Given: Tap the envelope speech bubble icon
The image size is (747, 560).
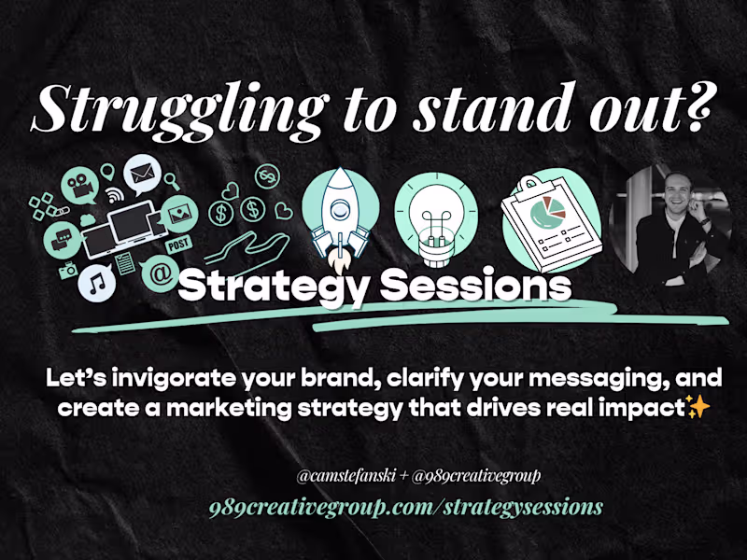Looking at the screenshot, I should (x=142, y=174).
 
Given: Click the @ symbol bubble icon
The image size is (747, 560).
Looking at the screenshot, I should (x=160, y=274).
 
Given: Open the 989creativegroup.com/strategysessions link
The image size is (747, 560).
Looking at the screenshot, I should (x=405, y=507).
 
